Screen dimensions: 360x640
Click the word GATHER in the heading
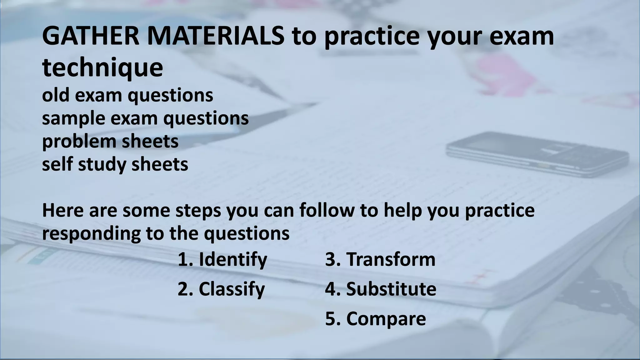click(91, 36)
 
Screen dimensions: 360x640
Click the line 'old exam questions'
click(127, 95)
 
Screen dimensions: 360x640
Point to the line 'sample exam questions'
click(145, 118)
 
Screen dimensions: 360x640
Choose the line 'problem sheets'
click(110, 141)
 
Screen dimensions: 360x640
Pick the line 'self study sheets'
click(115, 164)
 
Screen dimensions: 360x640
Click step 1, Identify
click(222, 259)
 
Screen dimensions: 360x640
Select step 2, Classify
click(221, 289)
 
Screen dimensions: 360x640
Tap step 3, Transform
click(380, 259)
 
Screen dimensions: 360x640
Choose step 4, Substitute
click(381, 289)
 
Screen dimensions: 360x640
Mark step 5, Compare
click(375, 319)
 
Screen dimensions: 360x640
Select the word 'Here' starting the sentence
click(63, 211)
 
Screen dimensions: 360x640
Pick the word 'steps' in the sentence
click(198, 211)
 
